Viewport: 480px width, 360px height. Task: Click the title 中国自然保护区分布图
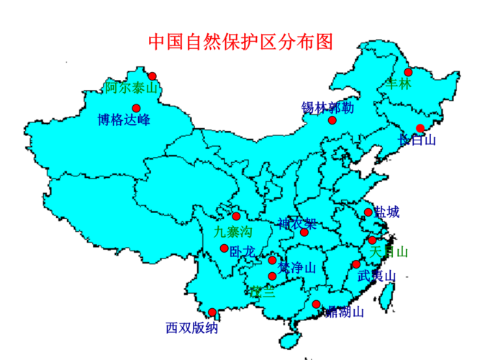point(241,41)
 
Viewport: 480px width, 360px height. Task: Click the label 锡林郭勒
point(327,108)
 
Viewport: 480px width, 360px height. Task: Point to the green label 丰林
point(398,84)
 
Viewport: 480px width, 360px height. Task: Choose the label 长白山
point(417,140)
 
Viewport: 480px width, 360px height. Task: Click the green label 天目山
point(389,252)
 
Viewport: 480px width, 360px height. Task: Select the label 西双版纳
point(191,328)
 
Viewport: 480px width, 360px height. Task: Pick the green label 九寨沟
point(233,231)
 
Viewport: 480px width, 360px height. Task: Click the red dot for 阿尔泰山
point(153,76)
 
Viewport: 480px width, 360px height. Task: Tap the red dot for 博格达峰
point(136,108)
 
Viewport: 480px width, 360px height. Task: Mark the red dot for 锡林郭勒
point(332,120)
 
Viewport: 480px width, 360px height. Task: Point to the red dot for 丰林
point(408,72)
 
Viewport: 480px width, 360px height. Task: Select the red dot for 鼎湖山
point(316,305)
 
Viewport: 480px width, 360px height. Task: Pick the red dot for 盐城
point(368,212)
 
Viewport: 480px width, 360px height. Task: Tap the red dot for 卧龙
point(225,248)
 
